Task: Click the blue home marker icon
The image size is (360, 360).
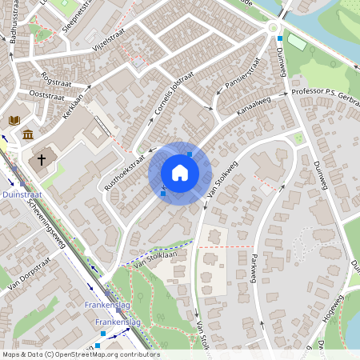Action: point(179,173)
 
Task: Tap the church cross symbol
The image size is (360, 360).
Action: point(40,160)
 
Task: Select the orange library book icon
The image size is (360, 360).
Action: point(14,120)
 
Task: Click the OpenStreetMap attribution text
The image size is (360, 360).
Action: point(81,354)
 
